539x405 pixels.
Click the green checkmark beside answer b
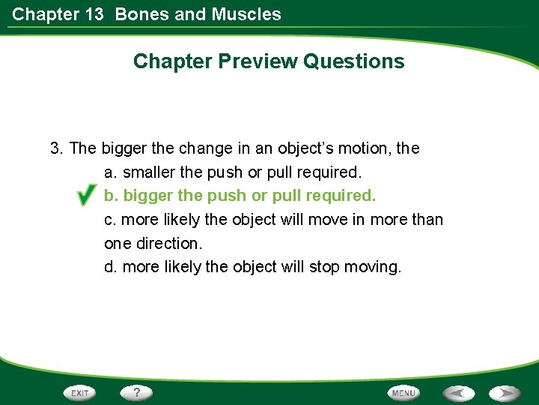(x=85, y=197)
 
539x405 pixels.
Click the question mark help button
(x=137, y=393)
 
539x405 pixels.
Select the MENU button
(x=404, y=393)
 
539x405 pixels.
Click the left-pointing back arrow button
(x=458, y=393)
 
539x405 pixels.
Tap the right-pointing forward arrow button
(x=505, y=393)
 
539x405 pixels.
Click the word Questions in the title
(x=354, y=61)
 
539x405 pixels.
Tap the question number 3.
(x=55, y=148)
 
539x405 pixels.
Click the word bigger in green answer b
(x=146, y=196)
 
